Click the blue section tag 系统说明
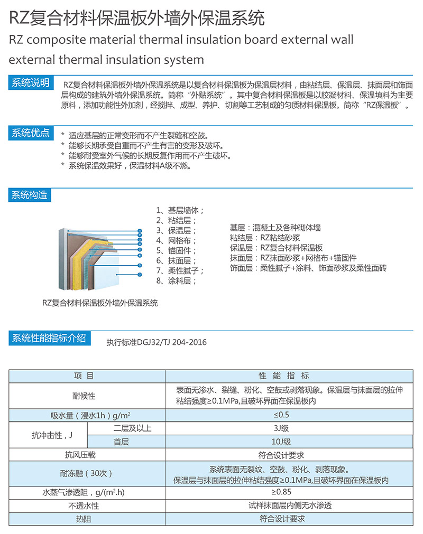(31, 83)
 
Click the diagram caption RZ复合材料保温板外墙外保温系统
(100, 303)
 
